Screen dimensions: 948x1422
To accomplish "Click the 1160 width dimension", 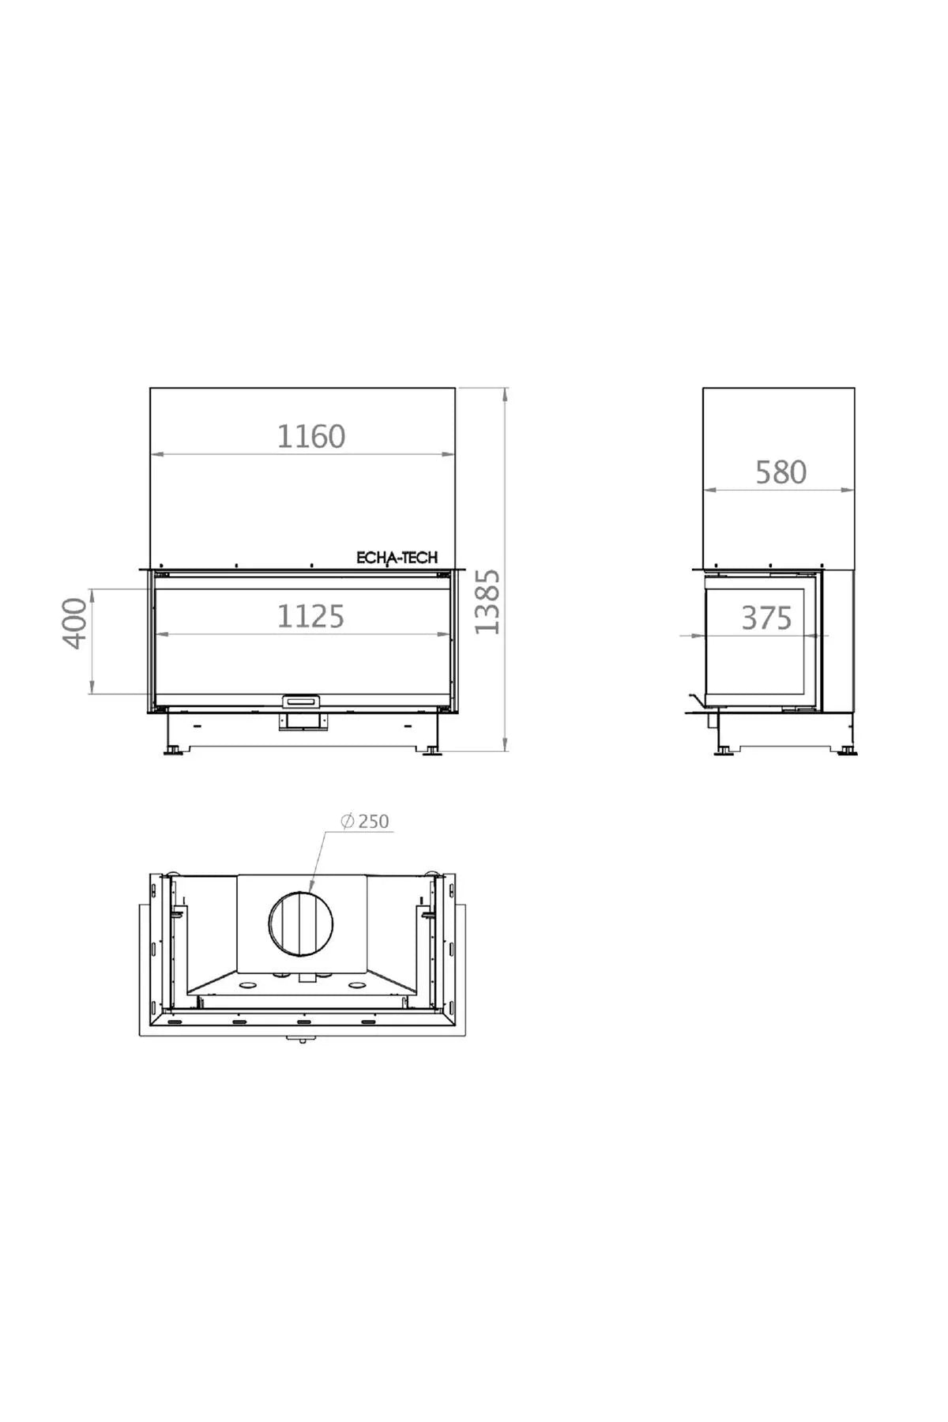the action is tap(310, 436).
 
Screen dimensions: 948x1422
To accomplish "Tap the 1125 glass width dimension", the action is tap(310, 616).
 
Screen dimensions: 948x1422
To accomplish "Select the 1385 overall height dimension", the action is tap(487, 601).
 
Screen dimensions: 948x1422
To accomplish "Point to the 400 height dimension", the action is tap(74, 623).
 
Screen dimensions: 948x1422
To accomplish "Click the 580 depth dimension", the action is tap(781, 472).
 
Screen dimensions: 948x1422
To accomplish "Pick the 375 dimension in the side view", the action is tap(766, 618).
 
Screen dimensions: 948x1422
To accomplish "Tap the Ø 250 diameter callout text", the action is tap(365, 822).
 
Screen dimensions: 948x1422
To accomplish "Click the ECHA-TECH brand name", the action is tap(397, 558).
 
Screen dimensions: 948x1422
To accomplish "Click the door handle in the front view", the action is tap(302, 701).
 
